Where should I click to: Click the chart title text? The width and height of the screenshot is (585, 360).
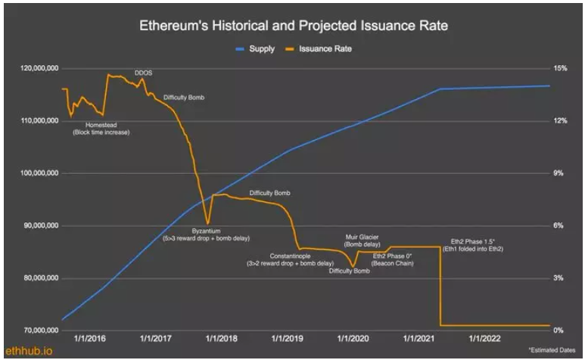pos(293,26)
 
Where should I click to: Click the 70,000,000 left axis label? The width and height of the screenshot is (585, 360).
pos(38,331)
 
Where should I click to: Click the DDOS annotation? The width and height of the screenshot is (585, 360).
pos(143,73)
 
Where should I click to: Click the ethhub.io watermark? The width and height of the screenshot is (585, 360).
pos(26,351)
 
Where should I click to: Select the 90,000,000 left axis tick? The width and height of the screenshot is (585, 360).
pos(38,225)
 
